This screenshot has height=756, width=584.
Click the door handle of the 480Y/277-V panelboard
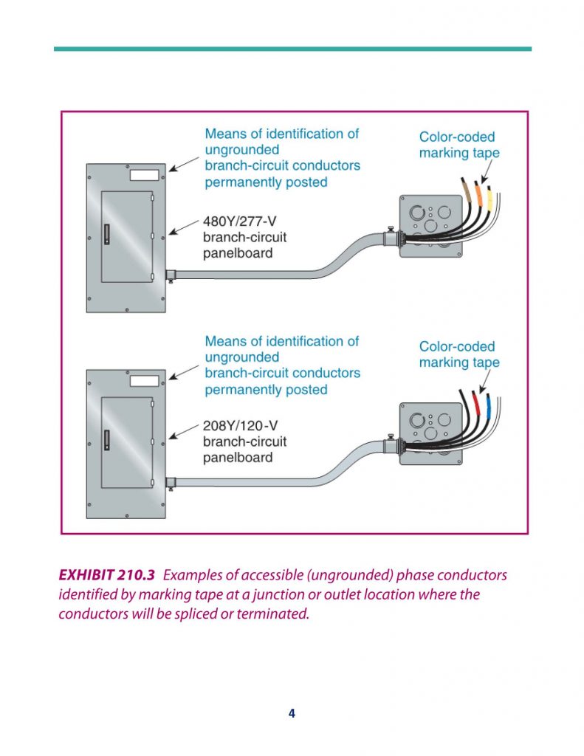[106, 234]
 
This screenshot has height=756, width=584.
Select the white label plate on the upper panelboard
[144, 176]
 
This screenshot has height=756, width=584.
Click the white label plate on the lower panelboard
[144, 381]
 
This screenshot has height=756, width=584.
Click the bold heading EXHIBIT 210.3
[107, 575]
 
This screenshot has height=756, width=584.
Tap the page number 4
[292, 713]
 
